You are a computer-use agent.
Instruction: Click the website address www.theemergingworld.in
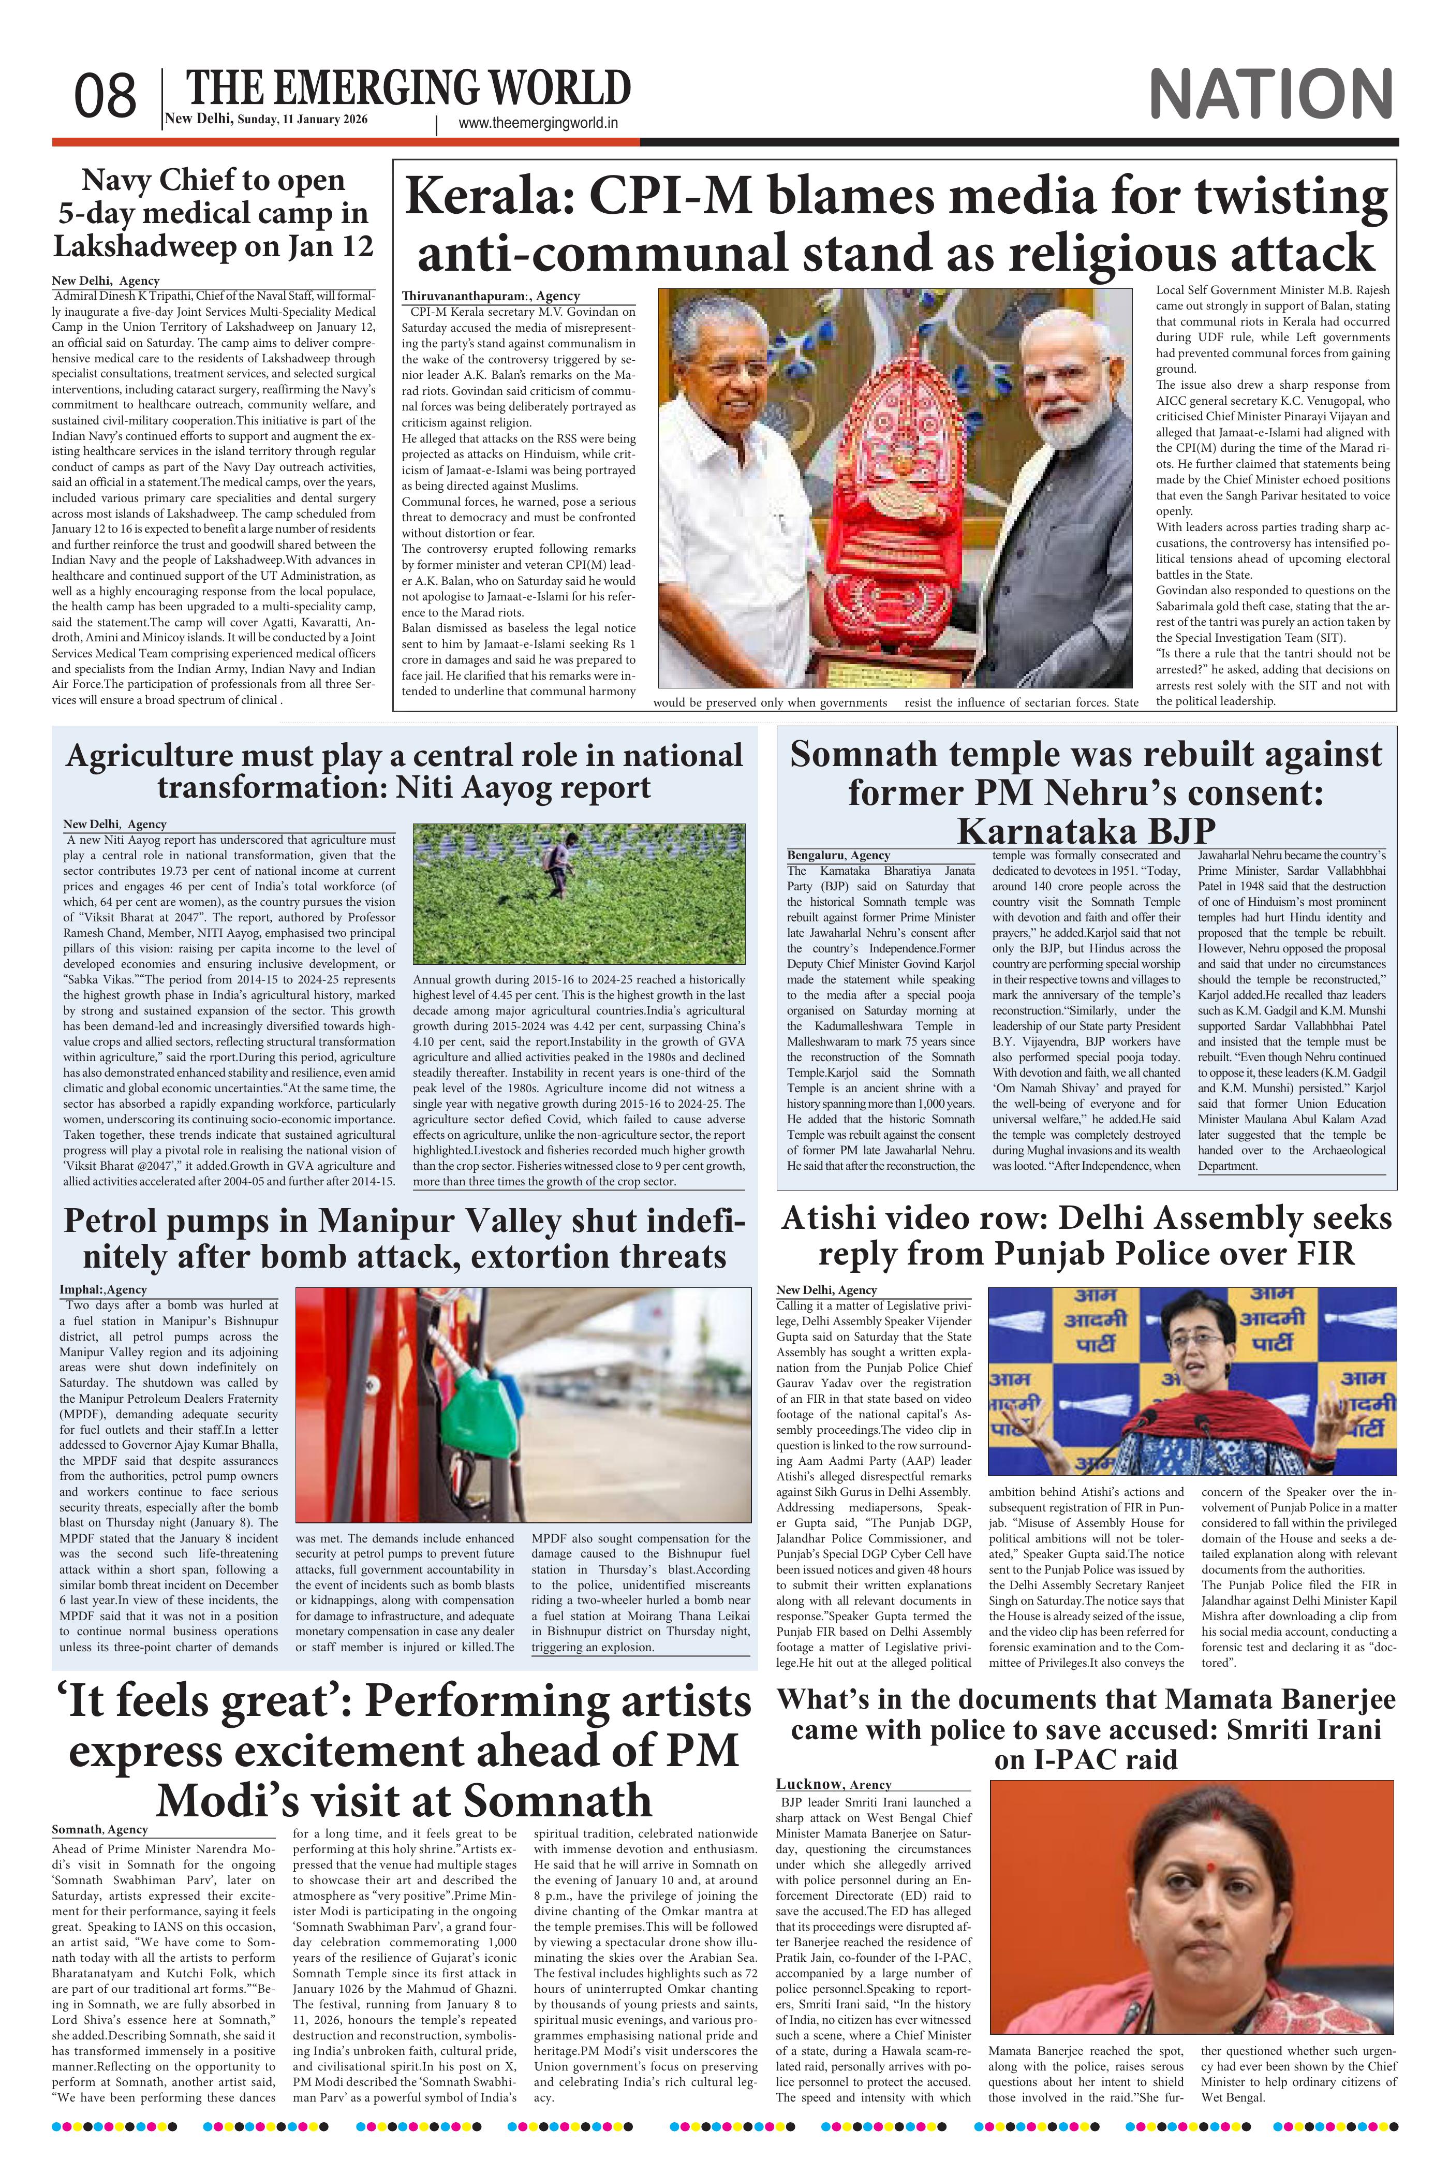pos(538,123)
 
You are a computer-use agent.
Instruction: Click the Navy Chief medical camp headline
pos(213,213)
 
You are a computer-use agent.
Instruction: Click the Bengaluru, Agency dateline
pos(838,855)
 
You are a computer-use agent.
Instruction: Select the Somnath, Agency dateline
pos(100,1828)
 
